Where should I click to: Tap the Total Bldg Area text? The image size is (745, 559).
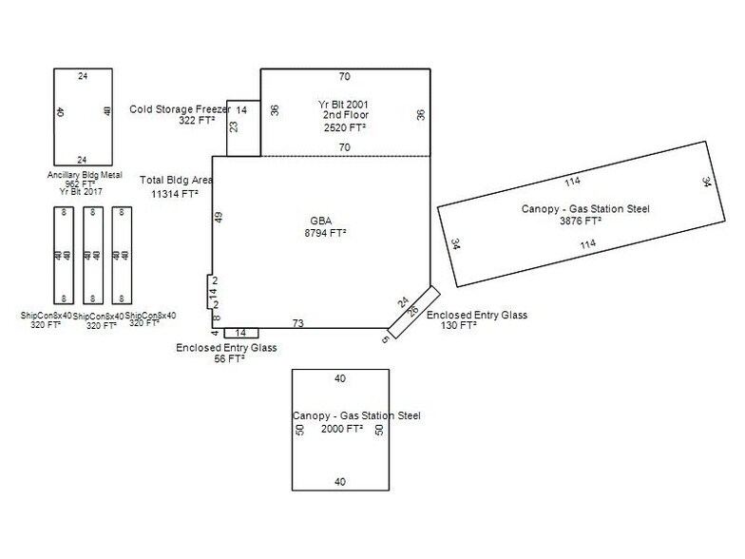pyautogui.click(x=176, y=180)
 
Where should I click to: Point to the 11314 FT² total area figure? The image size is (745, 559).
pyautogui.click(x=175, y=193)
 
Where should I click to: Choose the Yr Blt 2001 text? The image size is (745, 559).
pyautogui.click(x=343, y=103)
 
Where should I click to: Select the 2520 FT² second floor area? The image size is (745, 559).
pyautogui.click(x=343, y=126)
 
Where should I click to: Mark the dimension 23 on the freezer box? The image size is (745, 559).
pyautogui.click(x=233, y=126)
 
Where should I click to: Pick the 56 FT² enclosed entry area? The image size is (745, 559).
pyautogui.click(x=226, y=359)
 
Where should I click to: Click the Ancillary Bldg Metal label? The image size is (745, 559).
pyautogui.click(x=84, y=175)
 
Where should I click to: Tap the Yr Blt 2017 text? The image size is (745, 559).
pyautogui.click(x=81, y=191)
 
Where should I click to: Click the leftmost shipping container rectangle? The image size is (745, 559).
pyautogui.click(x=64, y=255)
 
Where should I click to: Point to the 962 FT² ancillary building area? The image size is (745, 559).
pyautogui.click(x=81, y=183)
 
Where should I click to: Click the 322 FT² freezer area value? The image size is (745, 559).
pyautogui.click(x=198, y=122)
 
